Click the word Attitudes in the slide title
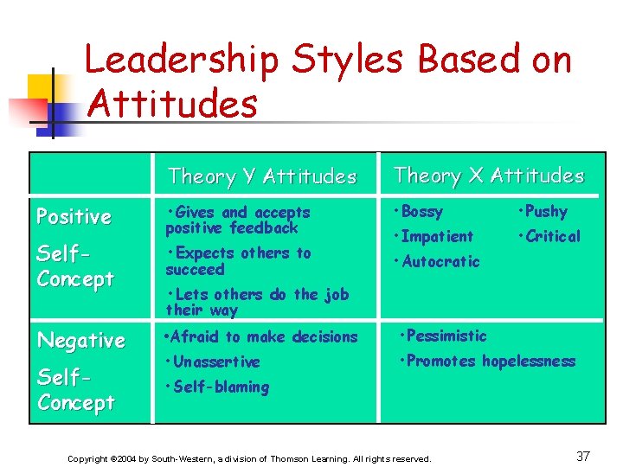pos(173,105)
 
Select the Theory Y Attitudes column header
pos(262,176)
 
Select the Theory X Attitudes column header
pos(489,176)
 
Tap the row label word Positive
pos(74,216)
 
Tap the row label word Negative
pos(80,340)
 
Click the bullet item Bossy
pos(421,212)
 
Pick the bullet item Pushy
pos(545,212)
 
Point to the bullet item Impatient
pos(437,236)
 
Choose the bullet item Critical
pos(552,236)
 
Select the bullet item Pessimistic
pos(446,336)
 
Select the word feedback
pos(264,228)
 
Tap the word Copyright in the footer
pos(89,458)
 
